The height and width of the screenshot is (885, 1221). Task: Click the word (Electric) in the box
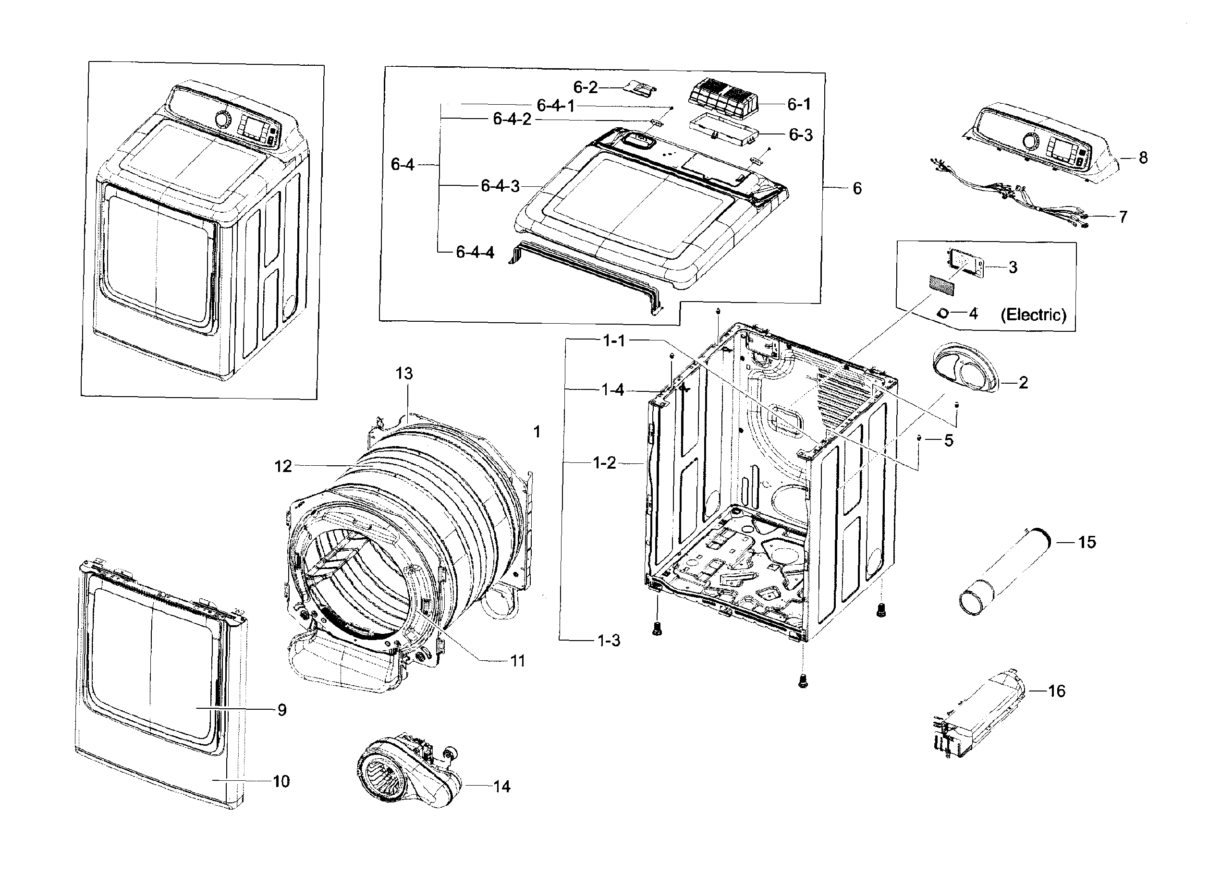1033,315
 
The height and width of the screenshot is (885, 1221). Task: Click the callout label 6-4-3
500,186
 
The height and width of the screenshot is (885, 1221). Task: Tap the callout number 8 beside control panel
1142,158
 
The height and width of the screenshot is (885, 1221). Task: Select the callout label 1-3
609,641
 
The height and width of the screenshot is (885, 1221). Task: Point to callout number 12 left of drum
283,466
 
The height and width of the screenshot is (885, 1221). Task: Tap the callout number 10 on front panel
281,781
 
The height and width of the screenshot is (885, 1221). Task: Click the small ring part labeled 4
943,313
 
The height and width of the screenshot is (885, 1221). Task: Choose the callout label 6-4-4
475,252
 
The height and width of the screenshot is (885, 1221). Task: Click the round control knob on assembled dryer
222,119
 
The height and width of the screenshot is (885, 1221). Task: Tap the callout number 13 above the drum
404,373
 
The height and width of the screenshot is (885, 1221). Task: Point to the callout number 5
949,440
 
